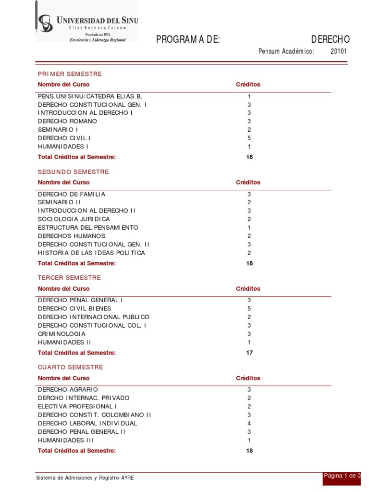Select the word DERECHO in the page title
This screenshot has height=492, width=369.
click(331, 39)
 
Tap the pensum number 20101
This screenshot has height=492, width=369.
click(338, 51)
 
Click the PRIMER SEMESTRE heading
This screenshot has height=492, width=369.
click(70, 74)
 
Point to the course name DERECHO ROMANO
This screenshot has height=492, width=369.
click(67, 121)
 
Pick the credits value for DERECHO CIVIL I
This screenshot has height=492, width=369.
click(249, 138)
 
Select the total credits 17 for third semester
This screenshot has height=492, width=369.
click(249, 353)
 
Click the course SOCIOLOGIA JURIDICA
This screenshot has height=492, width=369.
click(74, 219)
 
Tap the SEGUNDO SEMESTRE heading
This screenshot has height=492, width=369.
click(74, 172)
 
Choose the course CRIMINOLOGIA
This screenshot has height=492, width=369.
click(61, 334)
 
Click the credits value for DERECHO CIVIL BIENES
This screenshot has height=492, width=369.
click(249, 308)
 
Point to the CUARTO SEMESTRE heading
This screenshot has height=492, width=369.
click(71, 367)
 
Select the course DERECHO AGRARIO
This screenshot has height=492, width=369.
click(68, 389)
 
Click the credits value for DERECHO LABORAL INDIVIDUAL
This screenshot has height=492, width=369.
click(249, 423)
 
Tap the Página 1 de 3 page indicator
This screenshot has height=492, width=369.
click(342, 476)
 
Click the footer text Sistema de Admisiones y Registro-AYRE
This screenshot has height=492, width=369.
click(85, 479)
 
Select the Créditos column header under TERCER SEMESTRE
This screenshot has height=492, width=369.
click(248, 289)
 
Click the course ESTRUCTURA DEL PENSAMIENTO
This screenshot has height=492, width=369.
click(88, 227)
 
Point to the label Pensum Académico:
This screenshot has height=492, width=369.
click(286, 51)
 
